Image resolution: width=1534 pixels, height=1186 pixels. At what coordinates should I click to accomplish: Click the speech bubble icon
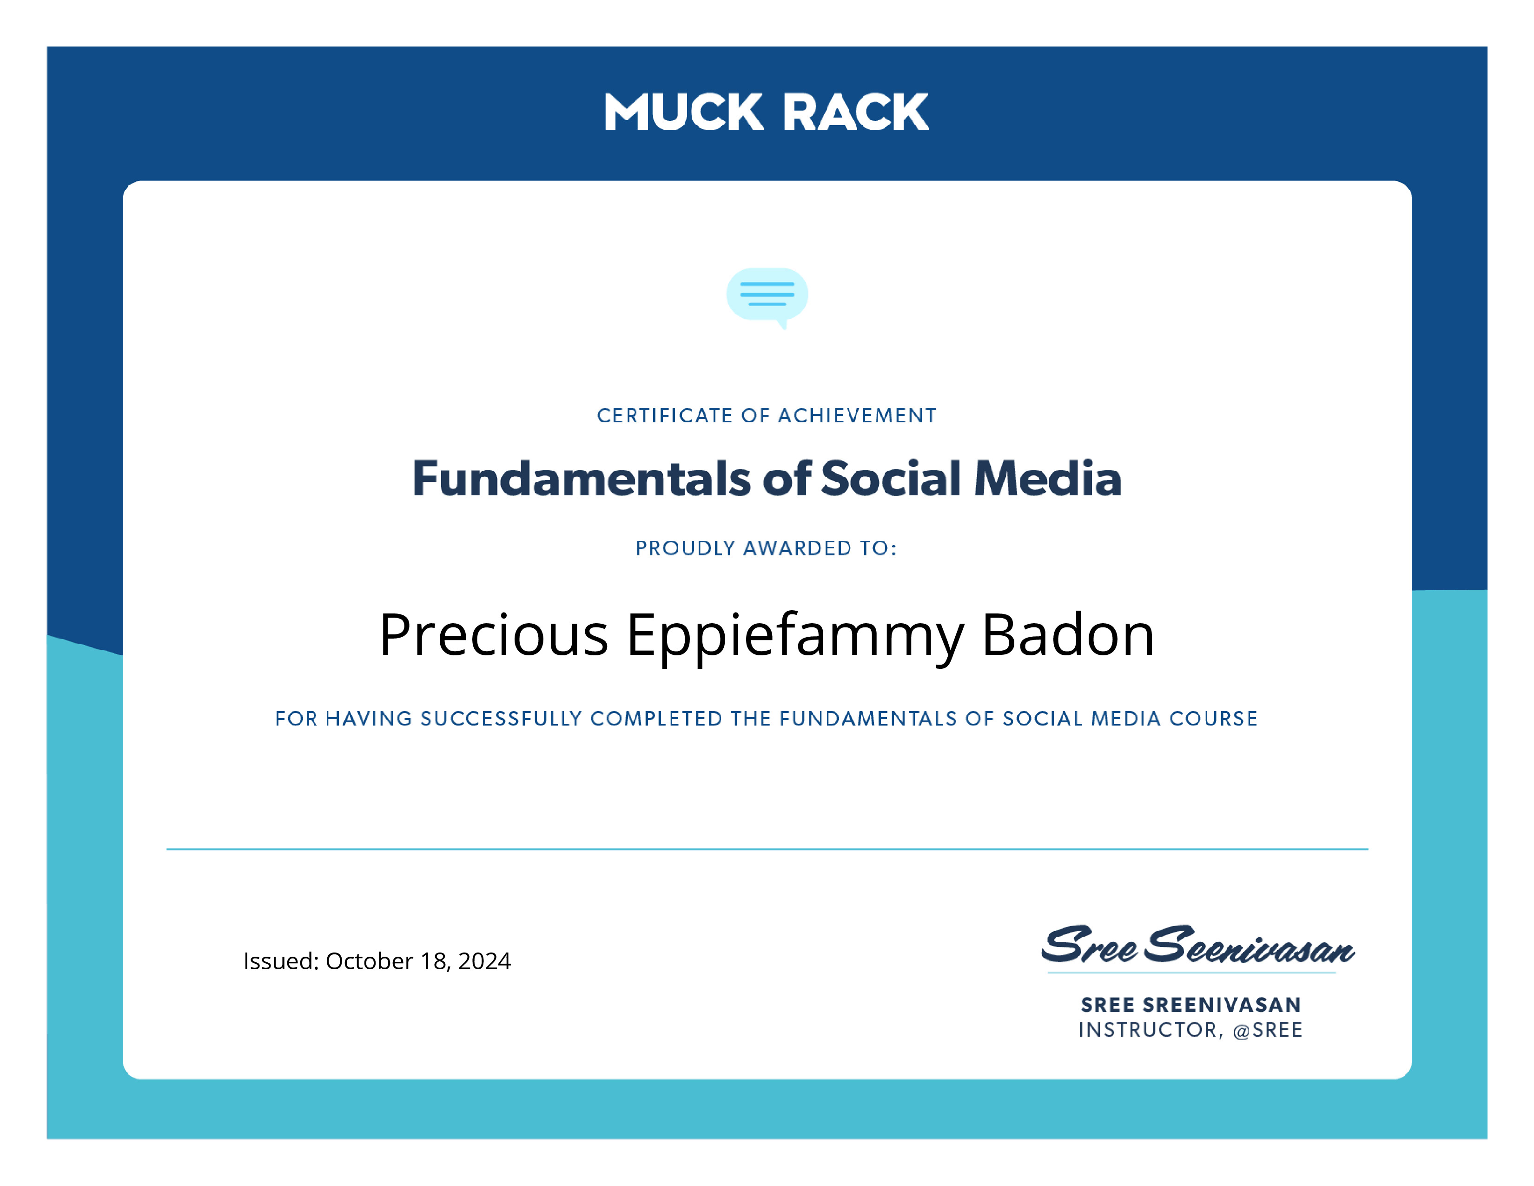(767, 297)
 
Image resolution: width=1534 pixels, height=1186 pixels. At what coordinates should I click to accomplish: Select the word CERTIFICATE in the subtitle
(664, 415)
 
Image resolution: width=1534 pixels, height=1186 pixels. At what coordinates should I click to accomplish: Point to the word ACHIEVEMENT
(857, 415)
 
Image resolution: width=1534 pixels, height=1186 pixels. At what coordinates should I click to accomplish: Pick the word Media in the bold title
(1048, 479)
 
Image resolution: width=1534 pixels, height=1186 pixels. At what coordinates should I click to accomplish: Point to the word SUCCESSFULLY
(502, 719)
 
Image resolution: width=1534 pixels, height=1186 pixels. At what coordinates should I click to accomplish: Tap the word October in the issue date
(370, 960)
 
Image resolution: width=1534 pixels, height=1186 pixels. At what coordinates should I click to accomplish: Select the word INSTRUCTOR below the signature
(1150, 1030)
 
